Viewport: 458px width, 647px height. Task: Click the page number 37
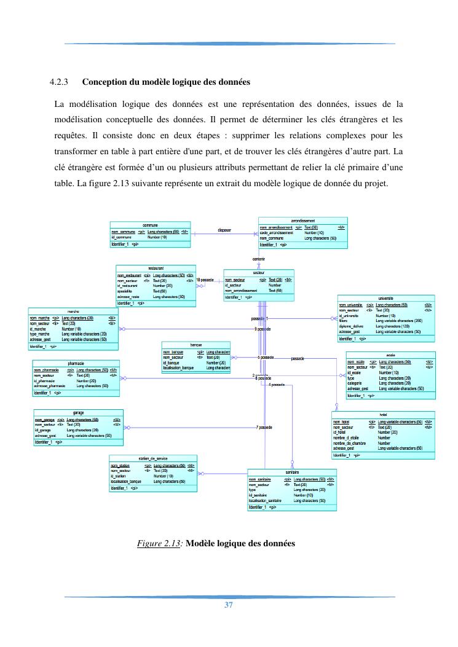click(229, 605)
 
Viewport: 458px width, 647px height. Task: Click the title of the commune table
click(150, 225)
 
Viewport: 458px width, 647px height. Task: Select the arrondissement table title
click(302, 220)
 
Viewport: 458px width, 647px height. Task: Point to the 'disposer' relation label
click(225, 230)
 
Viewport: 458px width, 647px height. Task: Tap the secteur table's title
click(259, 272)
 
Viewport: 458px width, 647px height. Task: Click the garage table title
click(78, 412)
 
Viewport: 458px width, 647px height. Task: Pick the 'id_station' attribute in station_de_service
click(119, 476)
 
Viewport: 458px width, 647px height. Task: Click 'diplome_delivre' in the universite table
click(353, 326)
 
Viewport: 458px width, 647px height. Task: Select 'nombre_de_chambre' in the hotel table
click(350, 443)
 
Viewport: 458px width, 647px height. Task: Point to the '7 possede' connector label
click(264, 427)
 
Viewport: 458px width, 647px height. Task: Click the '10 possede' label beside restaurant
click(205, 280)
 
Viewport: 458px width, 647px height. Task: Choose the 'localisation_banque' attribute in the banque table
click(179, 367)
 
